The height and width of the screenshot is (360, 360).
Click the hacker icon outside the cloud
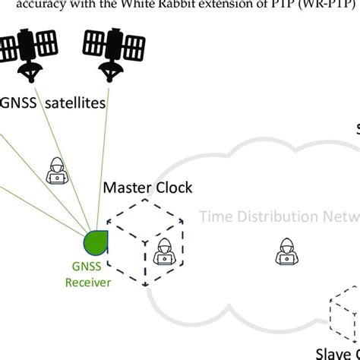tap(56, 172)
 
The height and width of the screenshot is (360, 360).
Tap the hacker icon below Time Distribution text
tap(287, 251)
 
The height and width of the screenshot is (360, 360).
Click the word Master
tap(125, 187)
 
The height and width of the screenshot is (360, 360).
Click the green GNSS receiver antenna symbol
tap(96, 242)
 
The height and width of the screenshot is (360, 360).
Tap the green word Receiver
tap(88, 283)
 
